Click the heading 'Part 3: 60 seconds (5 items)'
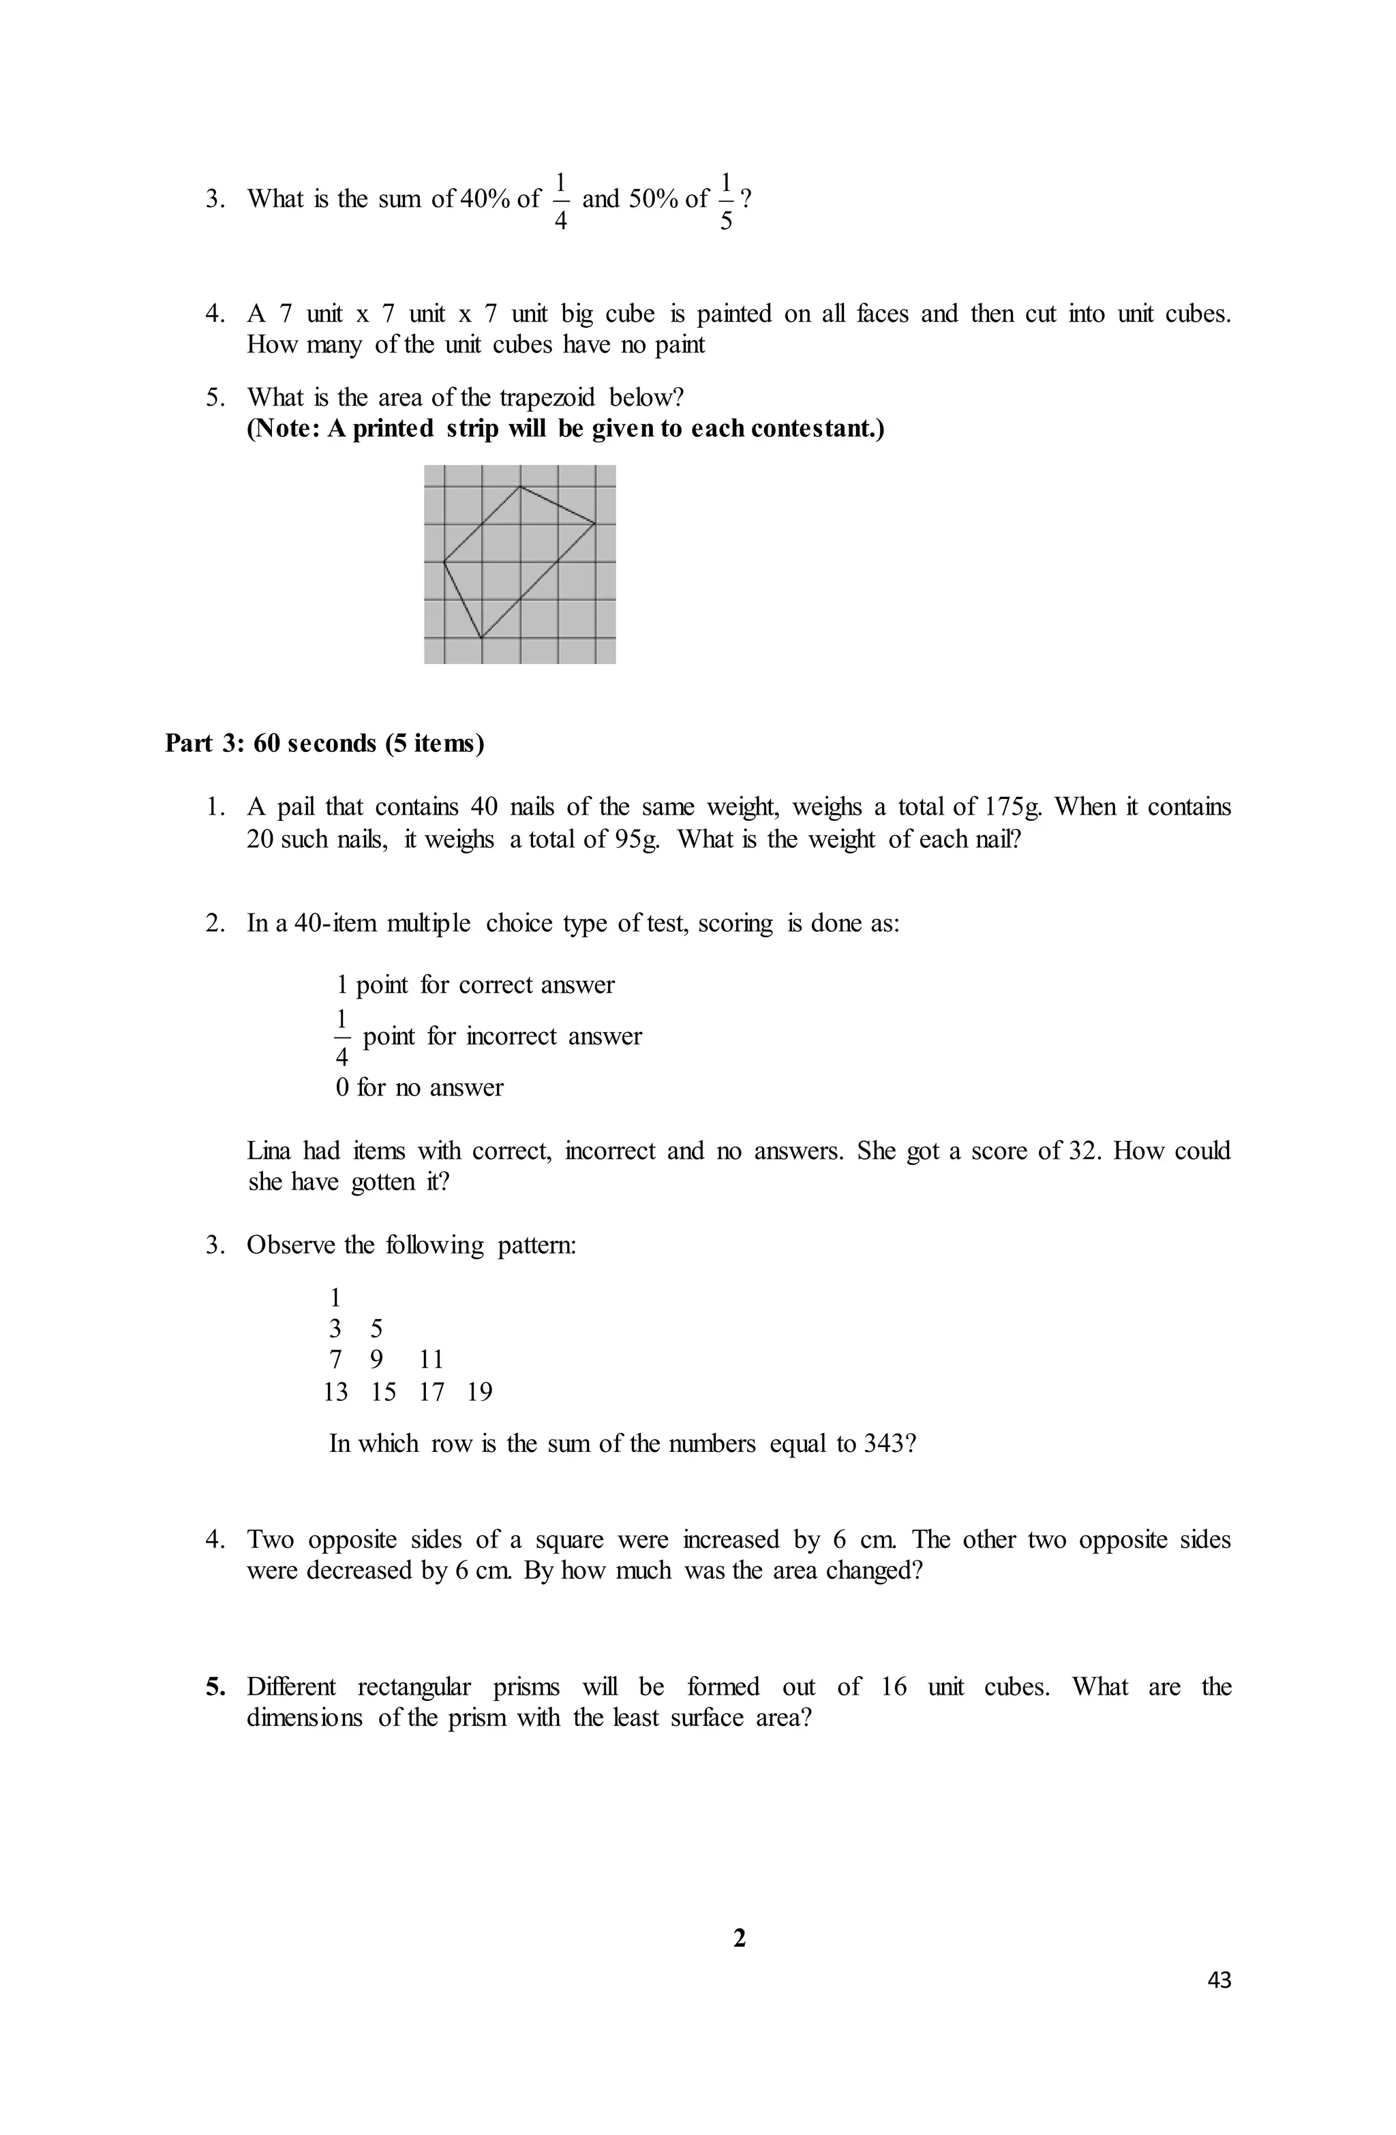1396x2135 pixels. pyautogui.click(x=324, y=744)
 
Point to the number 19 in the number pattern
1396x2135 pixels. pyautogui.click(x=480, y=1392)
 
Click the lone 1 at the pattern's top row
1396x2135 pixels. pyautogui.click(x=335, y=1297)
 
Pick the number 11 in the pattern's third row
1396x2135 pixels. pyautogui.click(x=431, y=1360)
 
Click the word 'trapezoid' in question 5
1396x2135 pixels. pyautogui.click(x=560, y=397)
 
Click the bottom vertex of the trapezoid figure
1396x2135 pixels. pyautogui.click(x=482, y=638)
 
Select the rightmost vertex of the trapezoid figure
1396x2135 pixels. pyautogui.click(x=596, y=522)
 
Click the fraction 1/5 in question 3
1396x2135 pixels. pyautogui.click(x=726, y=200)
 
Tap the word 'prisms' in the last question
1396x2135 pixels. pyautogui.click(x=526, y=1687)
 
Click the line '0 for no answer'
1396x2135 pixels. pyautogui.click(x=420, y=1088)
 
